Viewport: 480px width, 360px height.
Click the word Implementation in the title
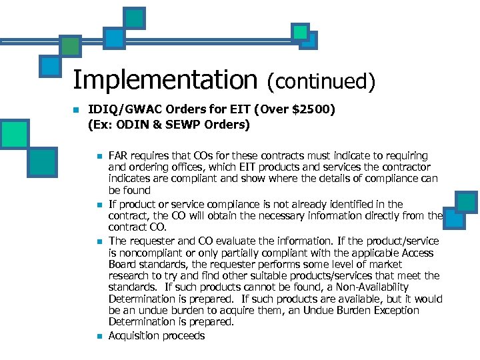[165, 81]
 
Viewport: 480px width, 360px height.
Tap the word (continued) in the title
[321, 81]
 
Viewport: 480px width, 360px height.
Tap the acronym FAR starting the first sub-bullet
[117, 155]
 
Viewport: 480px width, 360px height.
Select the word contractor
[407, 167]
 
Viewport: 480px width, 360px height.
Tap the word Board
[122, 265]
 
